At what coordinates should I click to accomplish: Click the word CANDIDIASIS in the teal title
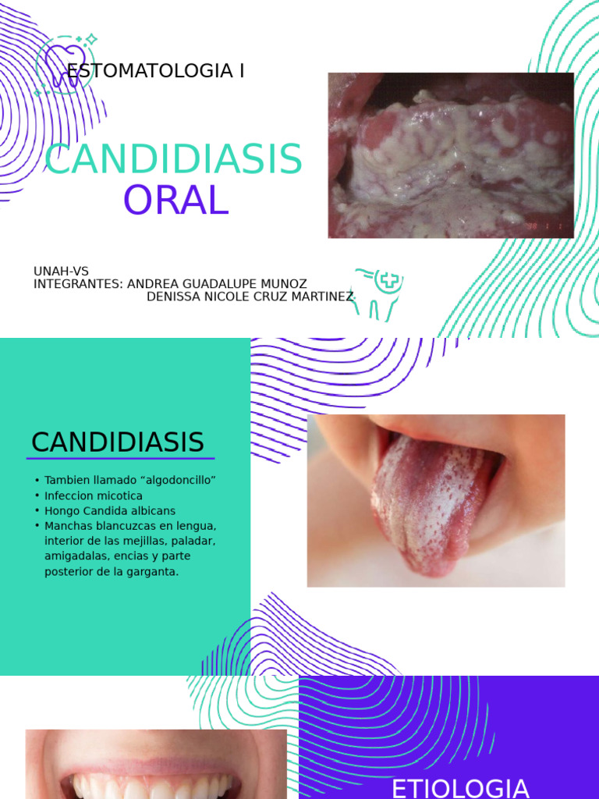click(173, 160)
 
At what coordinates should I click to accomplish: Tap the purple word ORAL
click(175, 201)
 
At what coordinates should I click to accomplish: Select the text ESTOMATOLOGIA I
click(156, 71)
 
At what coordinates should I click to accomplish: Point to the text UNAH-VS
click(61, 272)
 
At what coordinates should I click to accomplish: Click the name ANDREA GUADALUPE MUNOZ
click(217, 284)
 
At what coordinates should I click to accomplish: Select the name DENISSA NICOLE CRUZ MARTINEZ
click(250, 297)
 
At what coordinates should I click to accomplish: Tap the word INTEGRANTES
click(77, 284)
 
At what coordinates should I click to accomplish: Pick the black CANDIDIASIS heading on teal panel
click(118, 442)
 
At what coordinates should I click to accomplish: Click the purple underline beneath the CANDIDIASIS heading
click(120, 459)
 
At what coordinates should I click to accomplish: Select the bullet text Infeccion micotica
click(94, 495)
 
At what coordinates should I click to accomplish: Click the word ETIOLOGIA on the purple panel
click(460, 788)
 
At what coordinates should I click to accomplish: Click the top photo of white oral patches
click(451, 155)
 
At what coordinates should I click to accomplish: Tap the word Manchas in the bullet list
click(67, 526)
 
